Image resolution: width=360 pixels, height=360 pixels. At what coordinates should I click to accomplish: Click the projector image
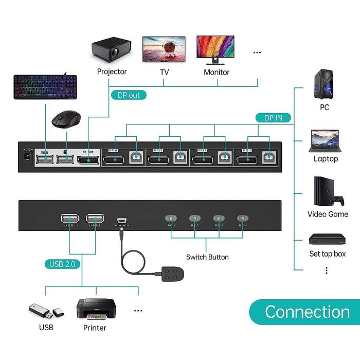(112, 50)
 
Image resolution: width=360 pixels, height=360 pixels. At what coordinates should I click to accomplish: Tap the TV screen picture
(164, 49)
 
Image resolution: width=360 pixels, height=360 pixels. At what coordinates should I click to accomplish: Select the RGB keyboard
(45, 86)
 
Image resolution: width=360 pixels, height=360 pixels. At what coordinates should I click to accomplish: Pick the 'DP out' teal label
(129, 95)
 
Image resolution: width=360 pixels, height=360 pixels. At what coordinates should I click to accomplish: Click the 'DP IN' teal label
(273, 118)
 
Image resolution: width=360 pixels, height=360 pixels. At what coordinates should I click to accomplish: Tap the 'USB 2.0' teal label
(62, 264)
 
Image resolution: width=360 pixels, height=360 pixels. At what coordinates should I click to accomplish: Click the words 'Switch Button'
(207, 257)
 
